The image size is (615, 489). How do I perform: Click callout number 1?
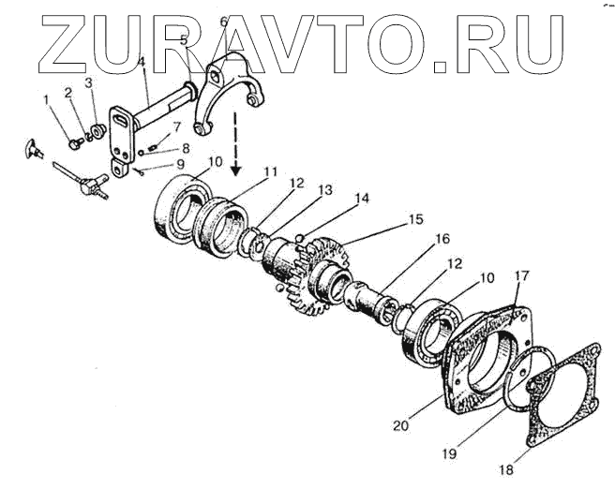[45, 100]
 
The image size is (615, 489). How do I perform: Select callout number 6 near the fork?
[223, 21]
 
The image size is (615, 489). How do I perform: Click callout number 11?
[271, 171]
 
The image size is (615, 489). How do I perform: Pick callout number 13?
[325, 190]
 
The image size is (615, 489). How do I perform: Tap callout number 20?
[400, 425]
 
